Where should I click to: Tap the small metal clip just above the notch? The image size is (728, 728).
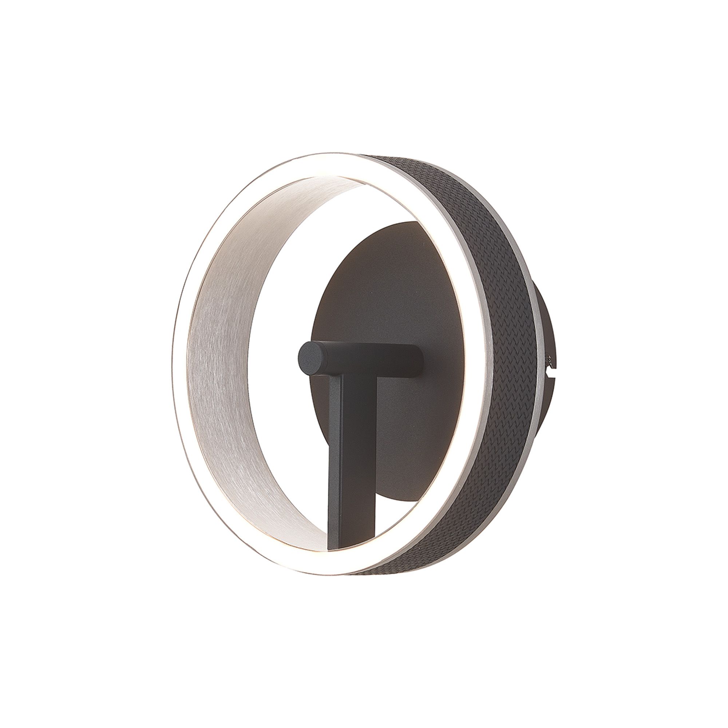(550, 364)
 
